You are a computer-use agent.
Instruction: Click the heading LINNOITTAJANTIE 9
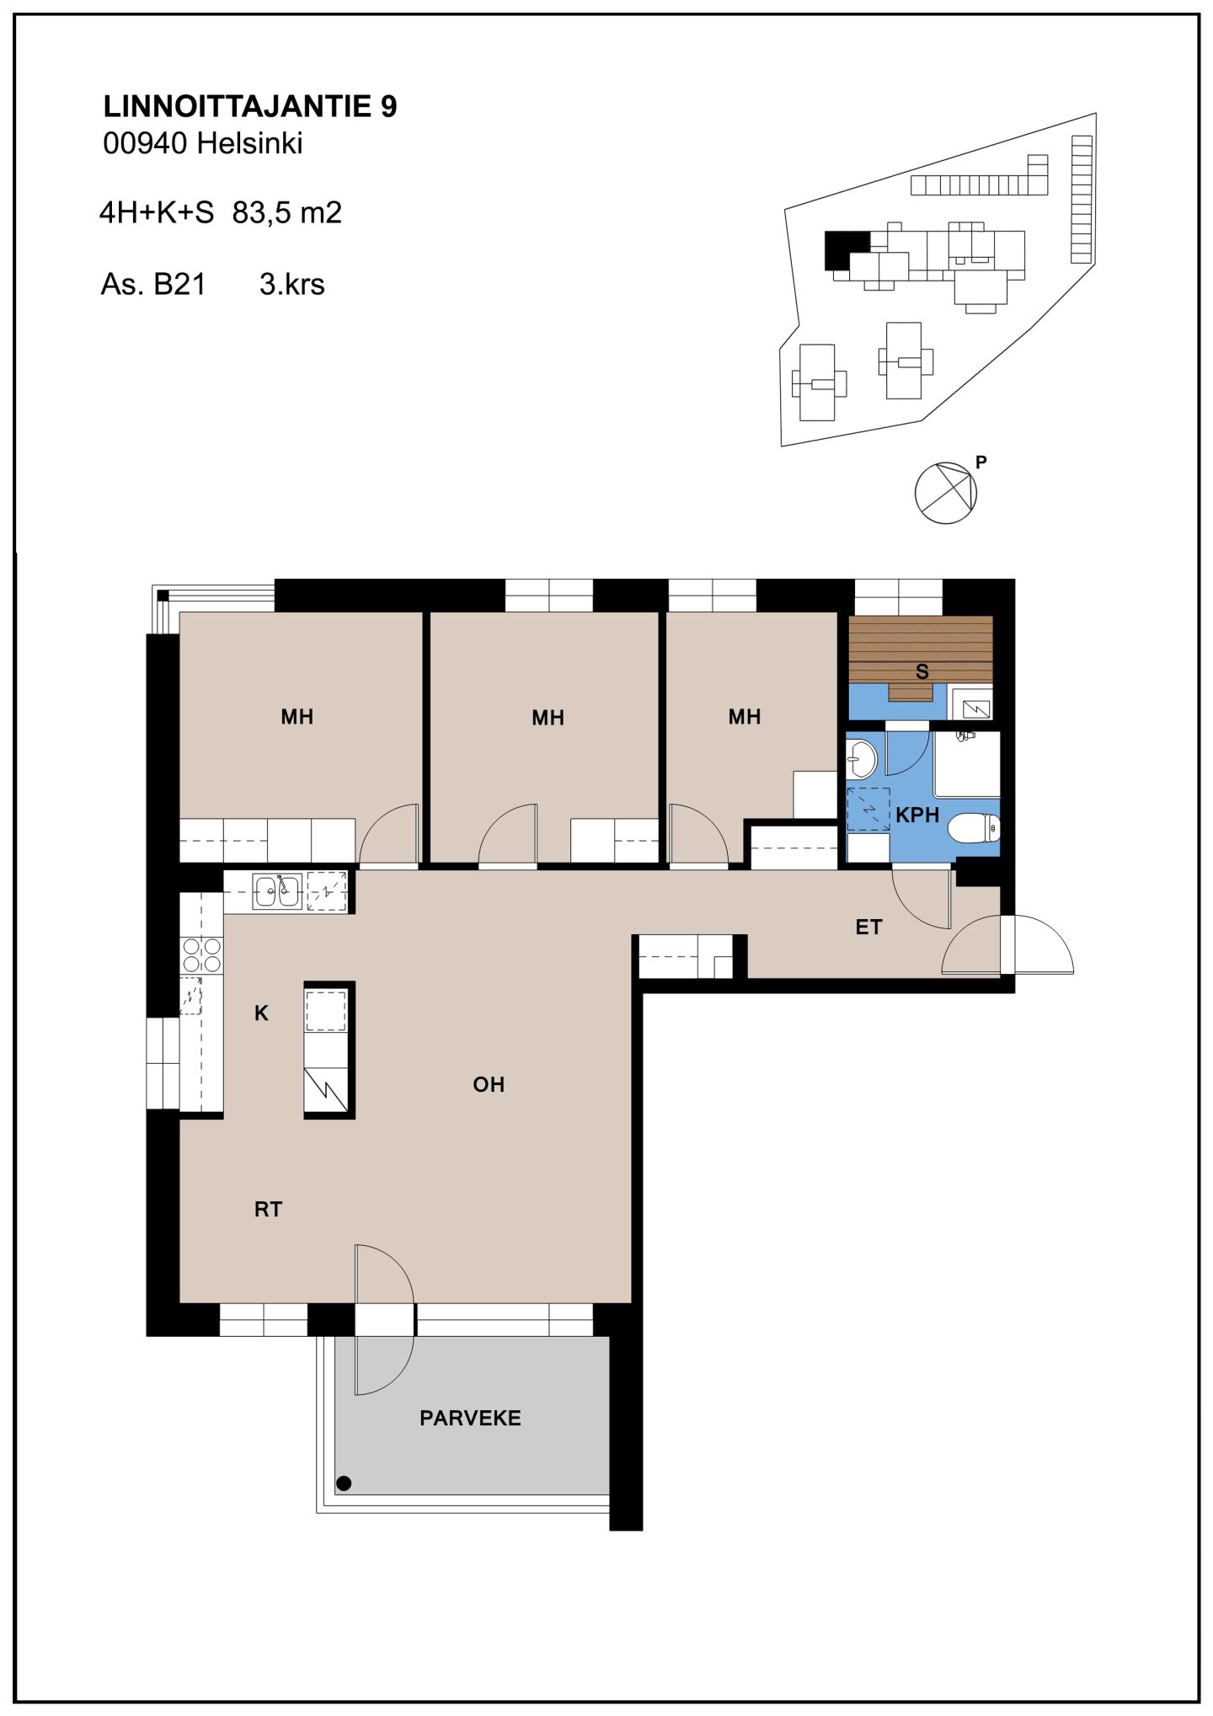point(250,106)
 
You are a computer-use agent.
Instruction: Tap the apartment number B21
point(179,284)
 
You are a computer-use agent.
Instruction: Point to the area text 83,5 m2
point(287,212)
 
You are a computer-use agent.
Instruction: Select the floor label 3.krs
point(292,284)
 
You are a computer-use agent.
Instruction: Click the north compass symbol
point(946,493)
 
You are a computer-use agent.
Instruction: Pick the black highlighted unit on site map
point(845,249)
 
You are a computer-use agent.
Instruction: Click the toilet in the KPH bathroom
point(975,828)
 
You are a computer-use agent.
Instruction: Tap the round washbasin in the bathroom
point(862,758)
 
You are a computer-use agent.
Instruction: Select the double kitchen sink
point(277,891)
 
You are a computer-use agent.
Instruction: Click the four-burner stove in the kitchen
point(201,955)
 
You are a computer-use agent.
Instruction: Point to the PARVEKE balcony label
point(470,1419)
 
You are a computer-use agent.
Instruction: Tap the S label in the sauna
point(922,671)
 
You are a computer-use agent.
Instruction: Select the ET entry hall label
point(868,927)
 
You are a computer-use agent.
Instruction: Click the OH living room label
point(489,1084)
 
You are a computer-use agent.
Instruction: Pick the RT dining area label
point(268,1210)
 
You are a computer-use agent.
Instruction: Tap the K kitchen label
point(261,1013)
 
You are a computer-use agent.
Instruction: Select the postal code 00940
point(145,143)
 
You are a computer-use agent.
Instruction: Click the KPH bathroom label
point(917,815)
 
